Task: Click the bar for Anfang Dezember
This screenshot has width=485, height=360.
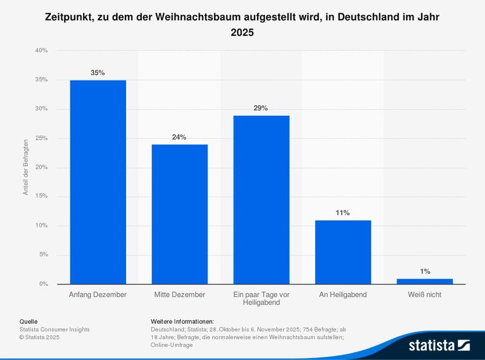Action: coord(98,182)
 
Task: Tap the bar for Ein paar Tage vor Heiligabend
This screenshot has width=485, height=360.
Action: coord(261,199)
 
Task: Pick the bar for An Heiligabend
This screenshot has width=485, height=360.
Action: coord(343,252)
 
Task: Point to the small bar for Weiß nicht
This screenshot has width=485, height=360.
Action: coord(424,281)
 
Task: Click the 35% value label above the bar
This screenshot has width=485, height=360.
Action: coord(98,73)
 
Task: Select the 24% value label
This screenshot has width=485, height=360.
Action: coord(179,137)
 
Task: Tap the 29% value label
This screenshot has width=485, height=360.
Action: coord(261,108)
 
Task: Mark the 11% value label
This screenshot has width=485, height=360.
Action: coord(343,213)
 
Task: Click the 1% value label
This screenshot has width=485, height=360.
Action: coord(424,272)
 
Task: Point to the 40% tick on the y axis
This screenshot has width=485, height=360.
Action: coord(41,51)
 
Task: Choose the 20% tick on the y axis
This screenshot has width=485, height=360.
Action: coord(41,167)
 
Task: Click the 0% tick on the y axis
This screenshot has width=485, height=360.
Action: coord(43,284)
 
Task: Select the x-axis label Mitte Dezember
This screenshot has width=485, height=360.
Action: coord(179,295)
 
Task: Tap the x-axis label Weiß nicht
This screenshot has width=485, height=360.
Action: coord(424,295)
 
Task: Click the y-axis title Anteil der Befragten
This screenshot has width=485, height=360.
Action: coord(26,167)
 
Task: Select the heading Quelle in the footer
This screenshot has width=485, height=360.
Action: coord(28,321)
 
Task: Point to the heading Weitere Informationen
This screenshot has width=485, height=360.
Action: coord(182,321)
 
